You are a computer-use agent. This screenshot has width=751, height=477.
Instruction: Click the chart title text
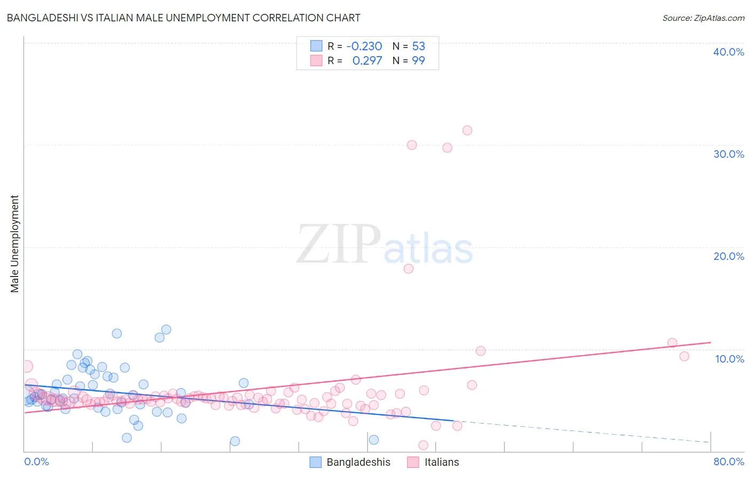(183, 18)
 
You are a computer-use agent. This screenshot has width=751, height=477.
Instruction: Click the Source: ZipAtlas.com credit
(703, 18)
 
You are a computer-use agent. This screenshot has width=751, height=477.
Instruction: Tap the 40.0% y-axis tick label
(729, 52)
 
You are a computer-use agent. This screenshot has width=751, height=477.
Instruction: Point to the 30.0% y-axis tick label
(729, 154)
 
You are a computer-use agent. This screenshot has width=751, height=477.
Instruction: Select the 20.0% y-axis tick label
(729, 256)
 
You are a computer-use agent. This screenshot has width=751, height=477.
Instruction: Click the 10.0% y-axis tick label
(730, 359)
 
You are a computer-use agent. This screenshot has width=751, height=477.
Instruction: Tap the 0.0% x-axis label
(37, 461)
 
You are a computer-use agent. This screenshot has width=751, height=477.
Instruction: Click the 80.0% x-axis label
(729, 461)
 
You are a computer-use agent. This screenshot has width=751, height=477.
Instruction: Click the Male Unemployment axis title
(15, 244)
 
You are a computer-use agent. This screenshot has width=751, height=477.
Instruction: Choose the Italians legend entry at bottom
(433, 462)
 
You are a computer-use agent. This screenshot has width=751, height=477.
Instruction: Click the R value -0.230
(364, 47)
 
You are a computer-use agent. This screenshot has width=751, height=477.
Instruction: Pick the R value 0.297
(367, 61)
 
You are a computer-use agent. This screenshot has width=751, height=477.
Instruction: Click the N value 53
(418, 47)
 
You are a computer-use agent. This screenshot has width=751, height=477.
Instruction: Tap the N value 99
(418, 61)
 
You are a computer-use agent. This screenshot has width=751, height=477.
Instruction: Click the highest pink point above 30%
(467, 130)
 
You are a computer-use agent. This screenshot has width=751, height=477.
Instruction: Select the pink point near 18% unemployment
(409, 268)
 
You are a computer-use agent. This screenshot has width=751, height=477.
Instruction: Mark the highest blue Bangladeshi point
(166, 329)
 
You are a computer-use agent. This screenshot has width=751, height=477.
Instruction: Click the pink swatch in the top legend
(316, 61)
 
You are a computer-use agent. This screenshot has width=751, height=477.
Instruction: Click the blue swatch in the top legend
(316, 47)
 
